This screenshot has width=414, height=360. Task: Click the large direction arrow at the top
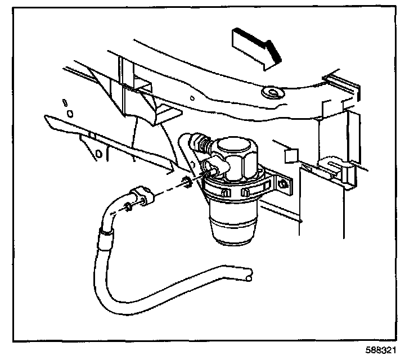pos(254,47)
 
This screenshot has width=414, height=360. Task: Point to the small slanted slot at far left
pos(65,102)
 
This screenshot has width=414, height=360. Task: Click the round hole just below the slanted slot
pos(69,114)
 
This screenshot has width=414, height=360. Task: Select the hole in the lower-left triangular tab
pos(99,153)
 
